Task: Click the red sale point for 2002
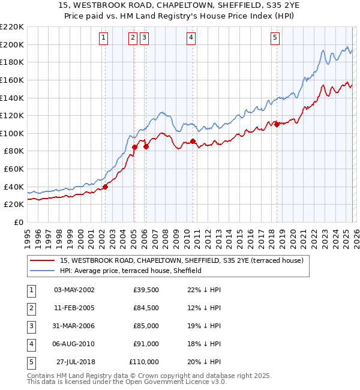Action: click(105, 187)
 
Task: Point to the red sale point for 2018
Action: click(277, 124)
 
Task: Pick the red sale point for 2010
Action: click(193, 141)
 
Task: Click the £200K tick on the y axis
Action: click(12, 44)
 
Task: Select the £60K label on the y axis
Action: click(14, 169)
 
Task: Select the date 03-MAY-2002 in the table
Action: click(74, 290)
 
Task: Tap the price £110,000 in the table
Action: click(144, 362)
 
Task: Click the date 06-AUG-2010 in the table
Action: click(74, 344)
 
